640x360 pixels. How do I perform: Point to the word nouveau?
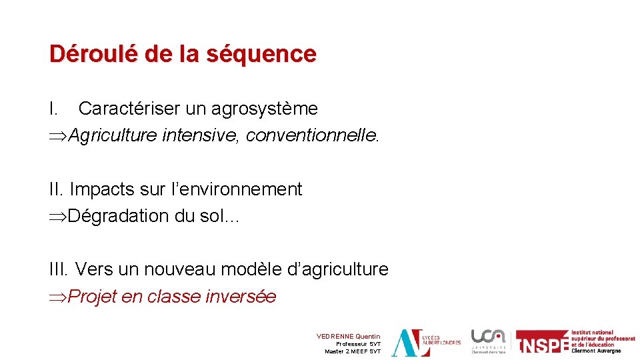[179, 270]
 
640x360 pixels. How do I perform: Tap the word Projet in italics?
[93, 297]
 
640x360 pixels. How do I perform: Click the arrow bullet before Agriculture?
[58, 136]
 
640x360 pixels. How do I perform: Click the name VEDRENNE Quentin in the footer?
[348, 337]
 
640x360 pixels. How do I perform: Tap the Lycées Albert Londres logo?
[425, 343]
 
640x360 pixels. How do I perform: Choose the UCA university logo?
[489, 341]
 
